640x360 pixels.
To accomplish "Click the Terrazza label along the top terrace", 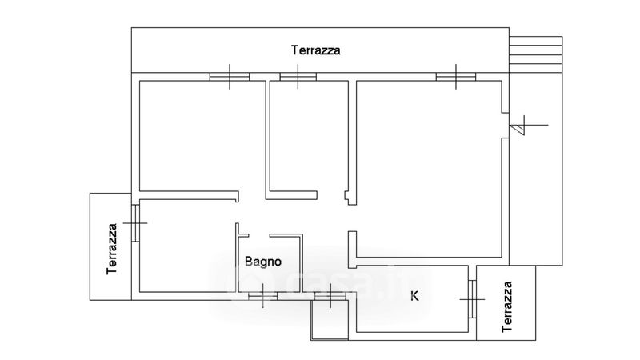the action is (x=316, y=50).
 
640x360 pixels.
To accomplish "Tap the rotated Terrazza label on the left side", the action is (x=114, y=248).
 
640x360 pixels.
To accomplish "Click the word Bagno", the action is (x=262, y=260).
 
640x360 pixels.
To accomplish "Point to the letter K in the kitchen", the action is (x=414, y=296).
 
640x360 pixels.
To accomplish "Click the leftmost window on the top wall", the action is (x=230, y=77).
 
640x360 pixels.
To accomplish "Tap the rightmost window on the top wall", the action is (x=457, y=77).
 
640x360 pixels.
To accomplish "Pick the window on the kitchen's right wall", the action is (x=472, y=300).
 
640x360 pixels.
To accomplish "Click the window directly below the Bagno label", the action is (x=262, y=296).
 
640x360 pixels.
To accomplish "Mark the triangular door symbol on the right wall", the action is (x=519, y=126).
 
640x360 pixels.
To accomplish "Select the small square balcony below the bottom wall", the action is (x=328, y=322).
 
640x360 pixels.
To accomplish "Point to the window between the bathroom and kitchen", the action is (x=329, y=297).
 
